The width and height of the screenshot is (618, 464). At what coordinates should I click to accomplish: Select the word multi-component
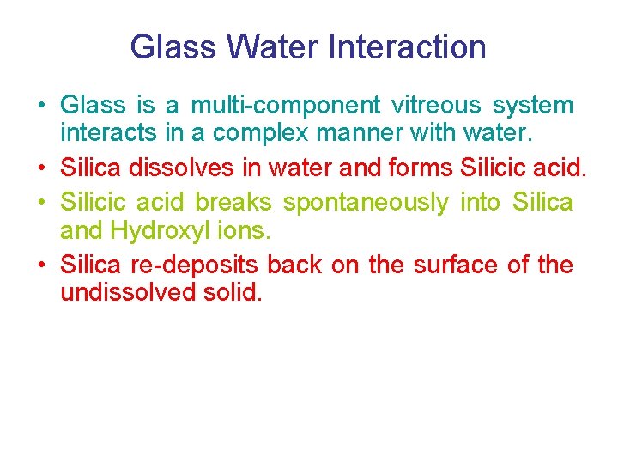[285, 106]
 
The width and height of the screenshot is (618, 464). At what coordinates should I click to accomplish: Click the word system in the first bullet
[532, 106]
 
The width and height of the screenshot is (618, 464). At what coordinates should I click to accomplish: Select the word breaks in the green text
[233, 202]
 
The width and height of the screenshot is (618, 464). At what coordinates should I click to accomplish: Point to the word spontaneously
[366, 204]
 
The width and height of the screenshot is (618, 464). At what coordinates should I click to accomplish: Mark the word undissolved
[124, 293]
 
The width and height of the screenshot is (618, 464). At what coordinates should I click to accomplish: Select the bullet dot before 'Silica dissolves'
[41, 169]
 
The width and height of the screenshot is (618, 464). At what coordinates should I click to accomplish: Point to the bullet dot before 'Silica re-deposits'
[41, 266]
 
